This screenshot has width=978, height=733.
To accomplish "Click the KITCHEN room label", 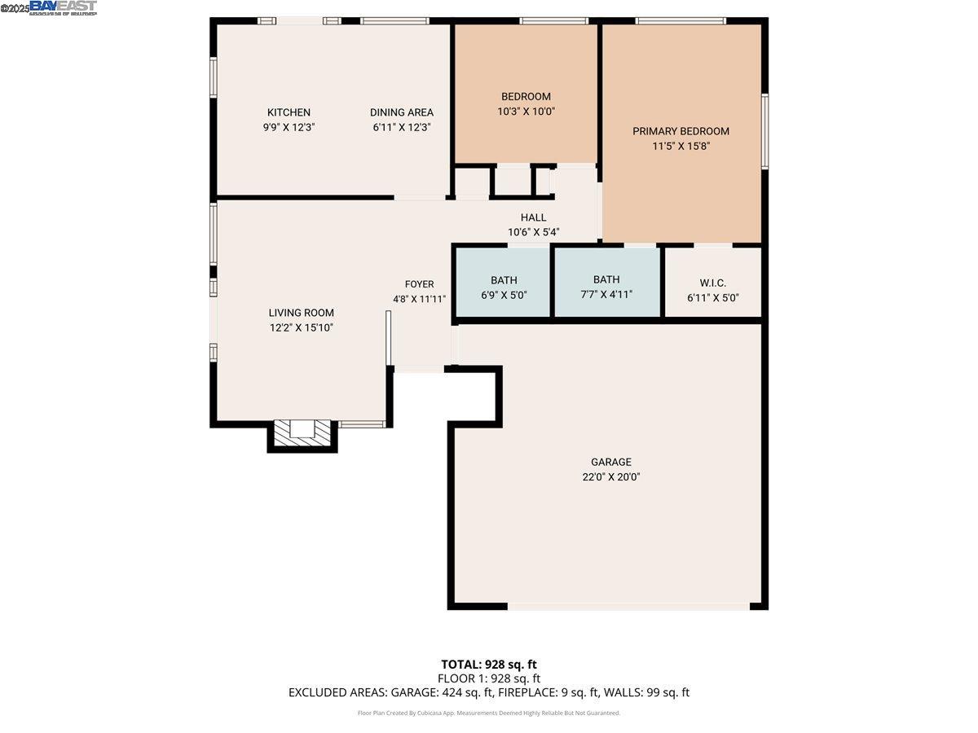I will click(289, 112).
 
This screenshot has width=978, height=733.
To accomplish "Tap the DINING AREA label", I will click(401, 112).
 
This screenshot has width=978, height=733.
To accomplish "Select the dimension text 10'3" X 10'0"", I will click(526, 112).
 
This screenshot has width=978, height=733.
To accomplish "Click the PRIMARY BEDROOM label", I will click(681, 131).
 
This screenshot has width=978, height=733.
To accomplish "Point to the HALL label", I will click(533, 217).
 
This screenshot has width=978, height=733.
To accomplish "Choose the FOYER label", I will click(419, 284).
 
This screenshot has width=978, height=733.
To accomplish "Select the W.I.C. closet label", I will click(712, 283).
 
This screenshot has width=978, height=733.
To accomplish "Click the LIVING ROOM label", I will click(301, 313).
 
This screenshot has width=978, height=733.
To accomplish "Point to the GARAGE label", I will click(610, 462).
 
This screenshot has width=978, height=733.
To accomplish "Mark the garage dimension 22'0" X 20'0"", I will click(610, 478).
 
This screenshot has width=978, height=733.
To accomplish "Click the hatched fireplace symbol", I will click(302, 433).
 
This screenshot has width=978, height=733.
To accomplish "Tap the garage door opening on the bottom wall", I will click(628, 606).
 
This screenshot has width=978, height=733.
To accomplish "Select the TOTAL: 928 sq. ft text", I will click(488, 664).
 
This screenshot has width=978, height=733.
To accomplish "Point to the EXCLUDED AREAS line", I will click(488, 692).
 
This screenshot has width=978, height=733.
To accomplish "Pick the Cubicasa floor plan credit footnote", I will click(488, 713).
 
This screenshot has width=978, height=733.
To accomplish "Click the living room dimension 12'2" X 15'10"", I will click(301, 327).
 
